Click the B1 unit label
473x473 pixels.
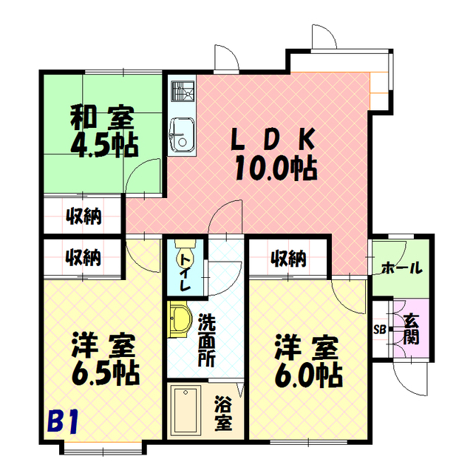63,421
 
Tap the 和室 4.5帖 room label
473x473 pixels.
104,132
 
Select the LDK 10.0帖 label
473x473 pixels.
275,154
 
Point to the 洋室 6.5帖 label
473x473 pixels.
105,359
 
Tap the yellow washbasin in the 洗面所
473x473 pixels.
180,319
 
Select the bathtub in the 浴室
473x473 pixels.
186,410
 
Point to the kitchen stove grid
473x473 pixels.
183,91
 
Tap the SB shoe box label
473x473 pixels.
380,329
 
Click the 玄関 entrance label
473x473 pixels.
411,329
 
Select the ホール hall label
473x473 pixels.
401,268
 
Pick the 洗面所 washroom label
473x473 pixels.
207,340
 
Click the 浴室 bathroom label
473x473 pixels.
223,412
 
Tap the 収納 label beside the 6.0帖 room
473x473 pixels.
288,259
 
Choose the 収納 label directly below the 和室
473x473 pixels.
84,216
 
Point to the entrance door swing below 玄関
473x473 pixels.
410,378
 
